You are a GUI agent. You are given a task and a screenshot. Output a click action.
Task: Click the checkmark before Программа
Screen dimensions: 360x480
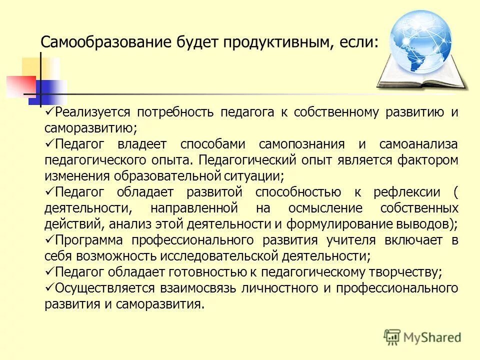coord(49,239)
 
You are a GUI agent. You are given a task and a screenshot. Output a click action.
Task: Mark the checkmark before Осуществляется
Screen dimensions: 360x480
coord(49,287)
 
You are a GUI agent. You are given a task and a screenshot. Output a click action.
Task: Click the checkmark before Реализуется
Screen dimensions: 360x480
coord(49,111)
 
